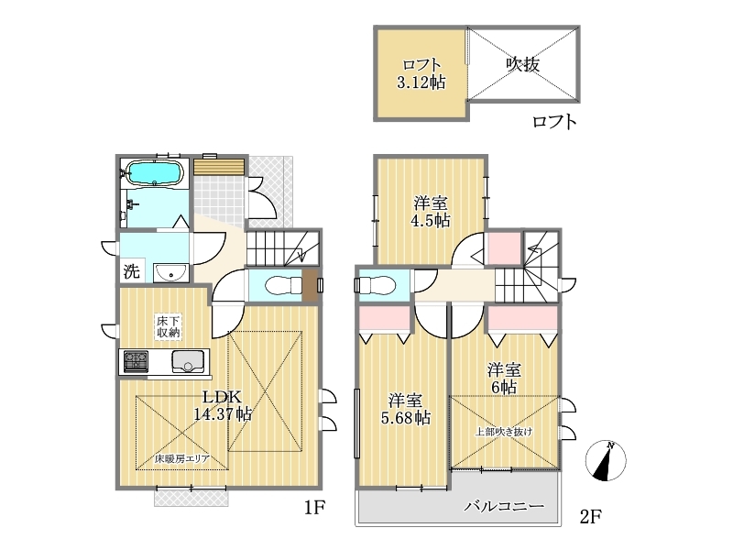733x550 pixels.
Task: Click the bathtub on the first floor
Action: point(154,172)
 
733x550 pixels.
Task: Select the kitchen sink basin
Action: point(188,361)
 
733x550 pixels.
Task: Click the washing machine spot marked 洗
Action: point(131,271)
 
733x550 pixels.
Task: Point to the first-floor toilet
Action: point(283,285)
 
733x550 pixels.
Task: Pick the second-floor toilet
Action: point(376,284)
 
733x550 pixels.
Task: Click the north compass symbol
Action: point(606,461)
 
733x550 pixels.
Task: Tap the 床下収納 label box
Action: point(168,327)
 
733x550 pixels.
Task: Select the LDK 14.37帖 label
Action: point(223,405)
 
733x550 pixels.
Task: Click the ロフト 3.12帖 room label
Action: point(421,73)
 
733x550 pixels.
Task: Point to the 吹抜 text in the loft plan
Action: point(523,64)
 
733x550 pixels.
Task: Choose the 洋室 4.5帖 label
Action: point(431,212)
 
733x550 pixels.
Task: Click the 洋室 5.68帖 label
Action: point(406,409)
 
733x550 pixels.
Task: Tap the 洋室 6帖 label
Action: point(504,379)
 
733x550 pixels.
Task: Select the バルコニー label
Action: point(505,506)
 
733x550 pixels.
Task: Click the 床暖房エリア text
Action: point(182,459)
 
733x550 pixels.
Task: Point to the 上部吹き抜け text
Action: point(504,432)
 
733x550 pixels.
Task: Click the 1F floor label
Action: point(314,508)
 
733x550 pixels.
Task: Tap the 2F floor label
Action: point(590,517)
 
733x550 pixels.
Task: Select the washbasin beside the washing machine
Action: point(171,272)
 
